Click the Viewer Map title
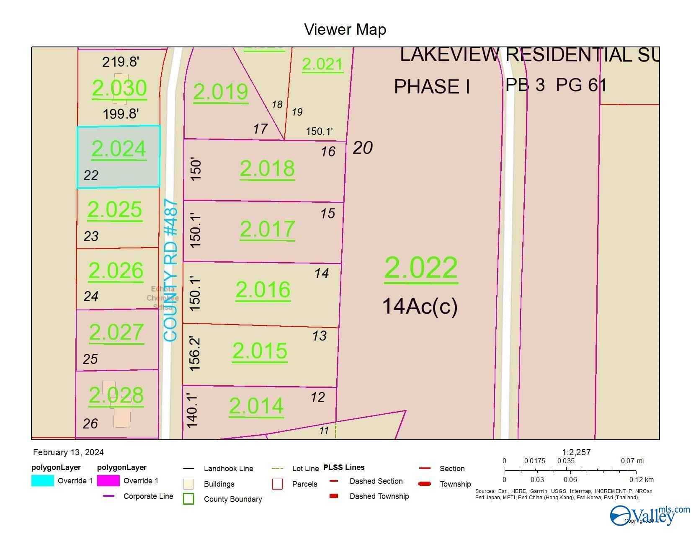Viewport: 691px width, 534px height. tap(345, 29)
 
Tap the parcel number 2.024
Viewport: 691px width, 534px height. tap(119, 149)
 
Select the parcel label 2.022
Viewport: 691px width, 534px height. tap(421, 268)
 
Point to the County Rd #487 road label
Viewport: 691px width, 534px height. tap(171, 271)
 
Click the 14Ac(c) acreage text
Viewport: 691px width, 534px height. tap(420, 306)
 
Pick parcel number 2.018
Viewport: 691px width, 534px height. tap(267, 168)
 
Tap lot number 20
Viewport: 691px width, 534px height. tap(363, 147)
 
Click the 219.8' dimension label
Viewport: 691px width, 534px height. tap(121, 62)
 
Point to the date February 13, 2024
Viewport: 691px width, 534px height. tap(68, 452)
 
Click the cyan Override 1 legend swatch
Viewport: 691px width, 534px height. tap(43, 480)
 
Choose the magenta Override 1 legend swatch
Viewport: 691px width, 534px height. tap(108, 480)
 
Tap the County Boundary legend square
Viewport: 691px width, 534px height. tap(189, 499)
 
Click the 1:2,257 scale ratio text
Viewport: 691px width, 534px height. tap(576, 452)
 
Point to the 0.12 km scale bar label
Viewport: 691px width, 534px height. tap(641, 480)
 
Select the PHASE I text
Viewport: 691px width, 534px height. tap(432, 87)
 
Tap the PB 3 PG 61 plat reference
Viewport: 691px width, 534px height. tap(556, 85)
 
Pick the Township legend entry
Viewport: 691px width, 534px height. tap(455, 484)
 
